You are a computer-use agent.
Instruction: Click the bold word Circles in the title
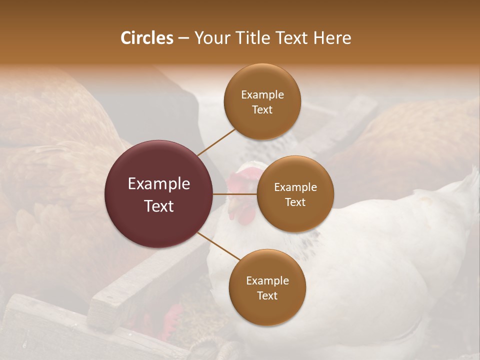click(146, 38)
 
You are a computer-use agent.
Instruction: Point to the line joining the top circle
click(216, 142)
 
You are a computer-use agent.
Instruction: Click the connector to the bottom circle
click(218, 246)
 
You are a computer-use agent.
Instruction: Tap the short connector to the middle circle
click(235, 194)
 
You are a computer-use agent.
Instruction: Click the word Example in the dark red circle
click(159, 184)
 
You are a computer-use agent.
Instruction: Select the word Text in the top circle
click(262, 110)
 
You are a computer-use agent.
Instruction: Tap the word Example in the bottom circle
click(267, 281)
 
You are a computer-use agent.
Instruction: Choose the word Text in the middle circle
click(295, 202)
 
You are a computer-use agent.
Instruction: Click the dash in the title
click(183, 38)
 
